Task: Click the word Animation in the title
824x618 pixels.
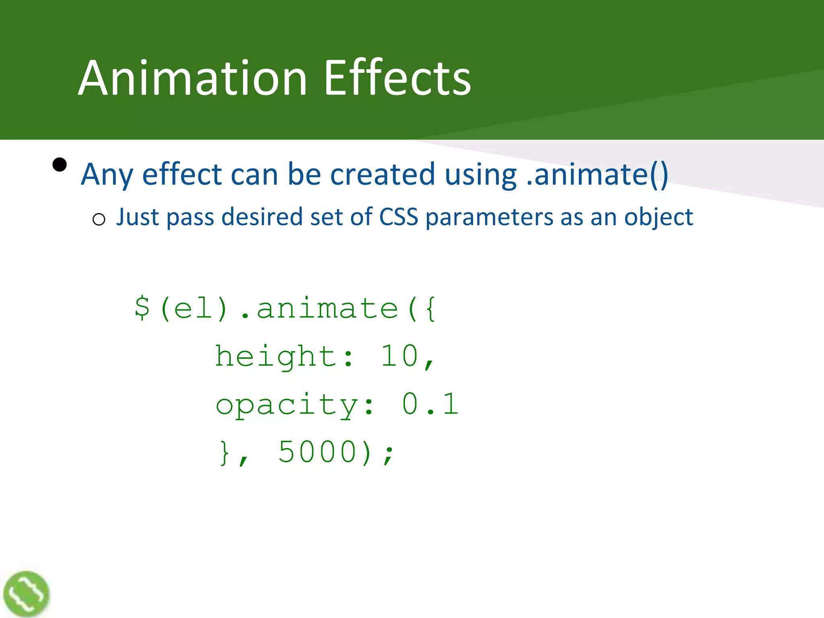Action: [x=193, y=78]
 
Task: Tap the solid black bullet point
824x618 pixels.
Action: [x=60, y=165]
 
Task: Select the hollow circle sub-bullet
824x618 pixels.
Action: [x=99, y=220]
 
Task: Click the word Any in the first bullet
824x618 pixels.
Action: [x=107, y=175]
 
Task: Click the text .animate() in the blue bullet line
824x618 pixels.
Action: [x=597, y=175]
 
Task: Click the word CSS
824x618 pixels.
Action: [x=399, y=217]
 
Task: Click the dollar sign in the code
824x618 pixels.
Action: [x=142, y=308]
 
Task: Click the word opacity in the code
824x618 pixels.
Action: [x=286, y=405]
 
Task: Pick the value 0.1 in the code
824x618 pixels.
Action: [x=430, y=404]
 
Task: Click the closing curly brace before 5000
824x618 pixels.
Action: [x=225, y=453]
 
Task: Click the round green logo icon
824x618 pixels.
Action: [x=26, y=594]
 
